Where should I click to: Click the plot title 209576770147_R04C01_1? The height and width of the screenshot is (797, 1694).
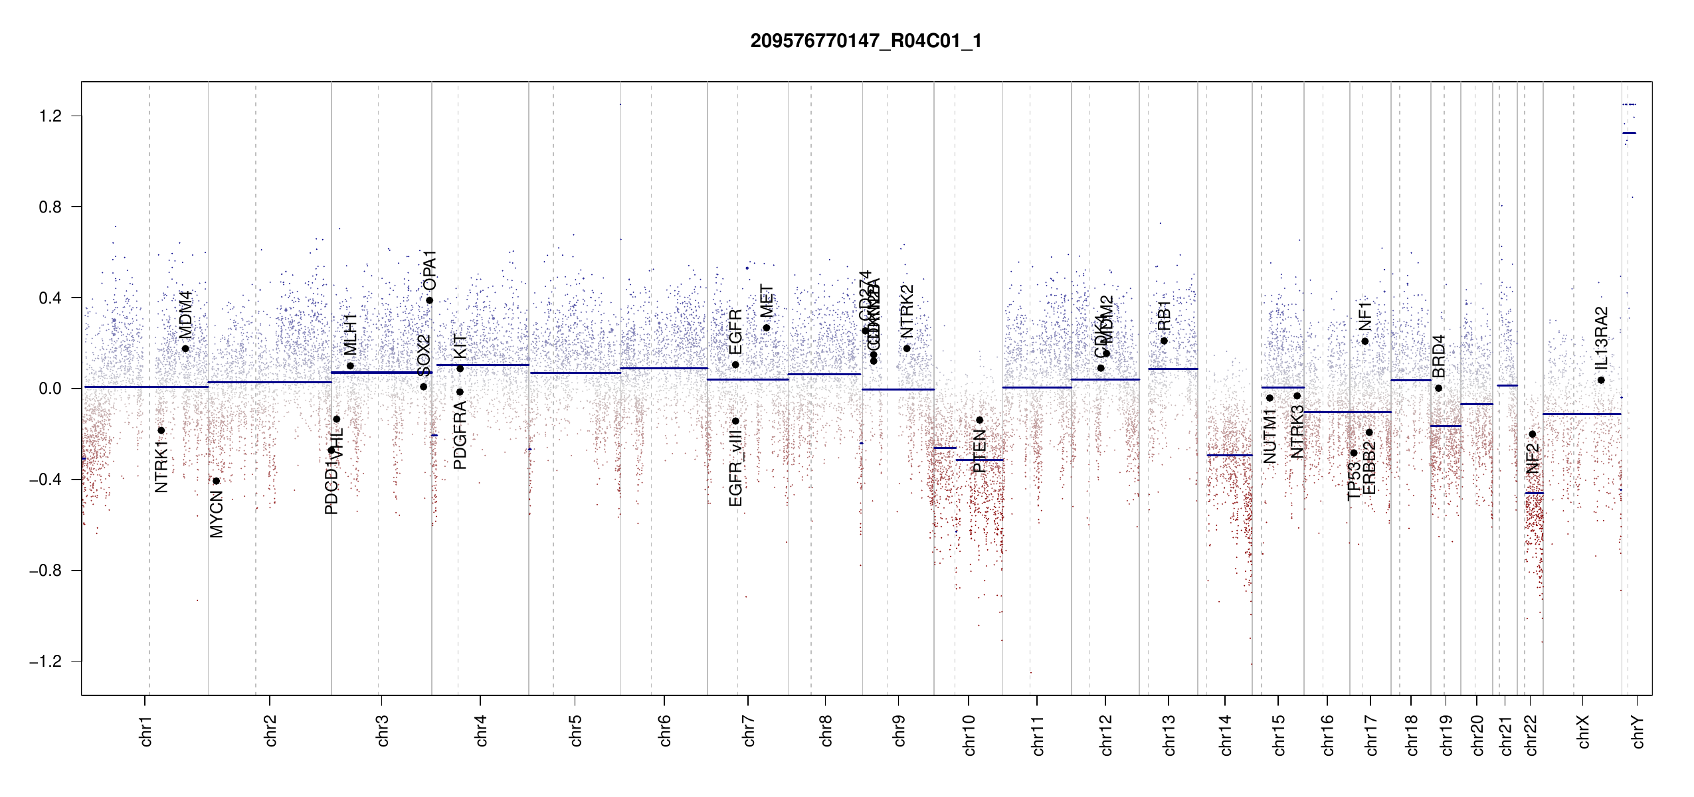tap(866, 41)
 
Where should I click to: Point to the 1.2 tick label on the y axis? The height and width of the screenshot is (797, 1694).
tap(50, 116)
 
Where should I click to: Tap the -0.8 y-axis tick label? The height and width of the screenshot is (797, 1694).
tap(45, 571)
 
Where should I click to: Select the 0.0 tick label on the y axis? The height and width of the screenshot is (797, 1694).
tap(50, 389)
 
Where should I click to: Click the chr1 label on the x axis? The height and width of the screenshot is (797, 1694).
tap(146, 731)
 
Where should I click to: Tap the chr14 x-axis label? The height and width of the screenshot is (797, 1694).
tap(1226, 735)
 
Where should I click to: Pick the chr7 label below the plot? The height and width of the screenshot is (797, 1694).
tap(749, 731)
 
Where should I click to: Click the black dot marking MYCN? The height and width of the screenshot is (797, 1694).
tap(216, 481)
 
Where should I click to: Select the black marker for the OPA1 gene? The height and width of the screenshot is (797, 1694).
tap(430, 300)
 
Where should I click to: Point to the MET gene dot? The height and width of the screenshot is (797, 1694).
tap(767, 327)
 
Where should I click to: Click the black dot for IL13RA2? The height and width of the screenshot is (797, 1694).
tap(1601, 380)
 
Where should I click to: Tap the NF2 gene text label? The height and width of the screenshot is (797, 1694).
tap(1533, 458)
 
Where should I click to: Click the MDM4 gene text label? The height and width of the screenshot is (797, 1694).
tap(185, 314)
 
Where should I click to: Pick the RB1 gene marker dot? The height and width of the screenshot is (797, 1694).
tap(1164, 341)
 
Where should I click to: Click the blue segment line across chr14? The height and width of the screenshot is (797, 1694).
tap(1229, 455)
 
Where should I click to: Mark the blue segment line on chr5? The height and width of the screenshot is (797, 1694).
tap(575, 373)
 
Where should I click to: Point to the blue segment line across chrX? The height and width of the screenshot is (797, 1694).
tap(1582, 414)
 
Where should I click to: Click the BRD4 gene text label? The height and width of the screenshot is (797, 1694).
tap(1438, 356)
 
